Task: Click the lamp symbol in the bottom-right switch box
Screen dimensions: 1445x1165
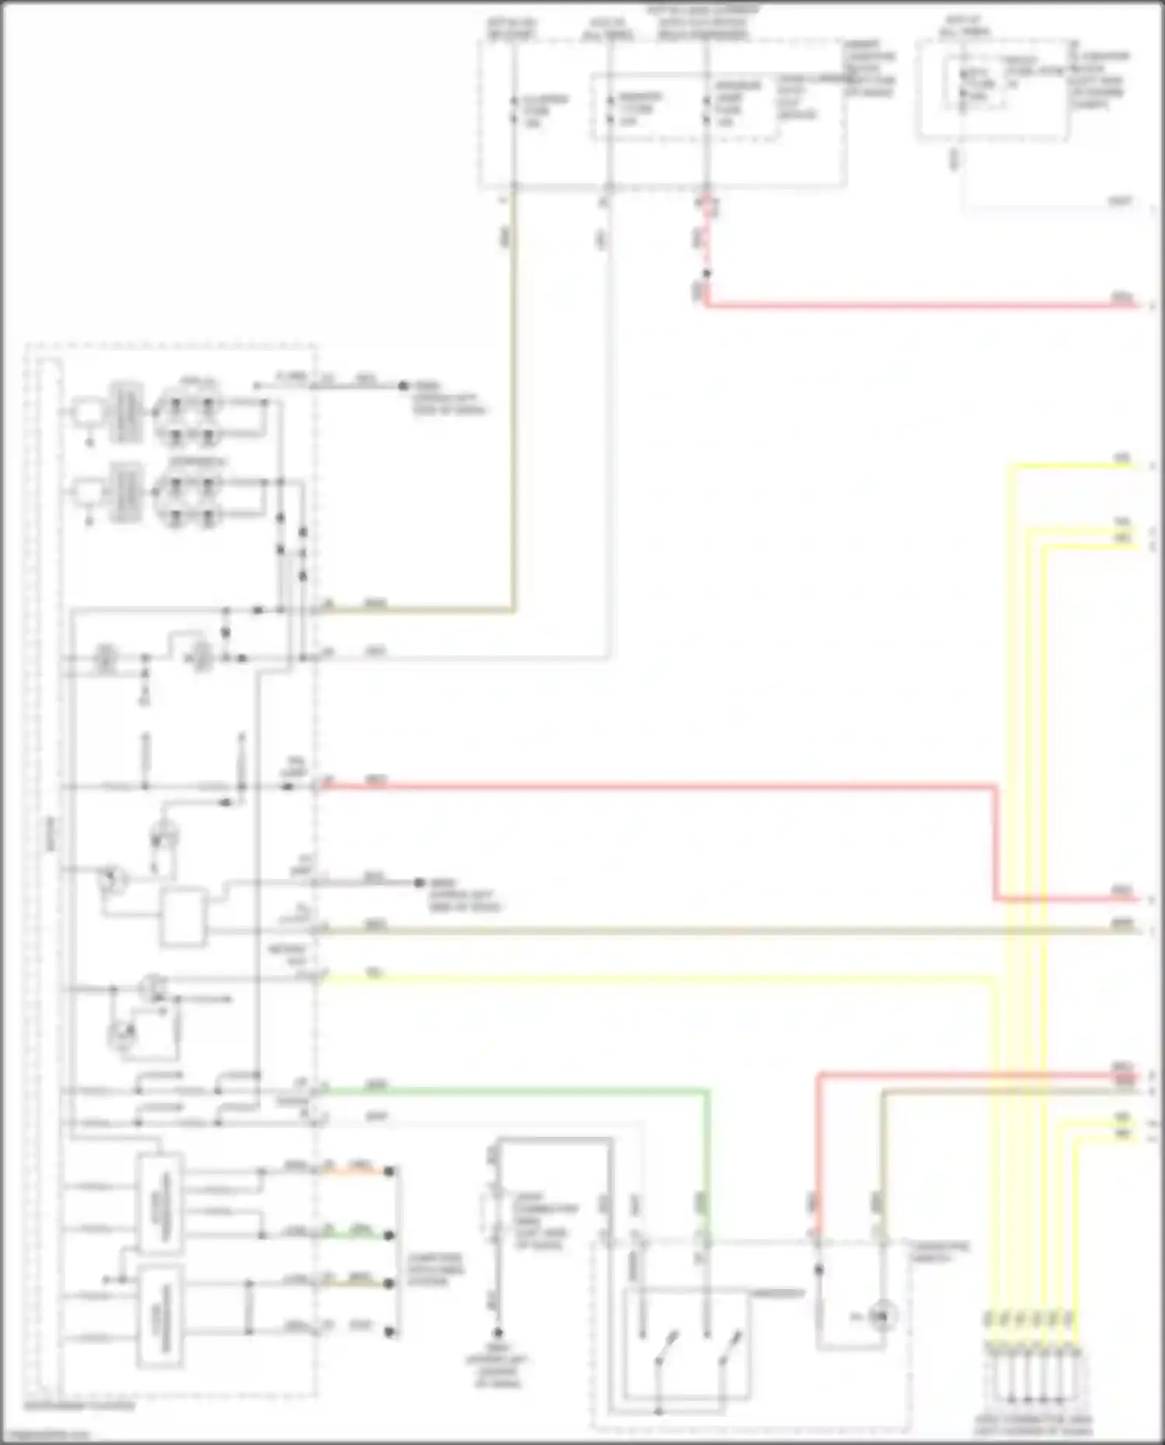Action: (x=880, y=1315)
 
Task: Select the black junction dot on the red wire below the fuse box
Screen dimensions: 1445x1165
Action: (x=706, y=273)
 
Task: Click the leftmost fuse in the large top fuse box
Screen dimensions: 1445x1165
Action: (x=513, y=109)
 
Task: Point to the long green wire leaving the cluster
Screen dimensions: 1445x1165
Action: (x=513, y=1091)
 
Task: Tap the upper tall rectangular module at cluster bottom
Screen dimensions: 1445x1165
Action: (x=160, y=1204)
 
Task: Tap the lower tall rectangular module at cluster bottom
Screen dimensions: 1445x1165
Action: (x=160, y=1315)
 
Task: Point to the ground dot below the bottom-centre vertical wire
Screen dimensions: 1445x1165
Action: (x=499, y=1331)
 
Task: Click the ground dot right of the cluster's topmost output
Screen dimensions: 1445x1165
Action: (x=403, y=385)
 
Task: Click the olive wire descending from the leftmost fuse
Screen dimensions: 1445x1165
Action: (x=513, y=388)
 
